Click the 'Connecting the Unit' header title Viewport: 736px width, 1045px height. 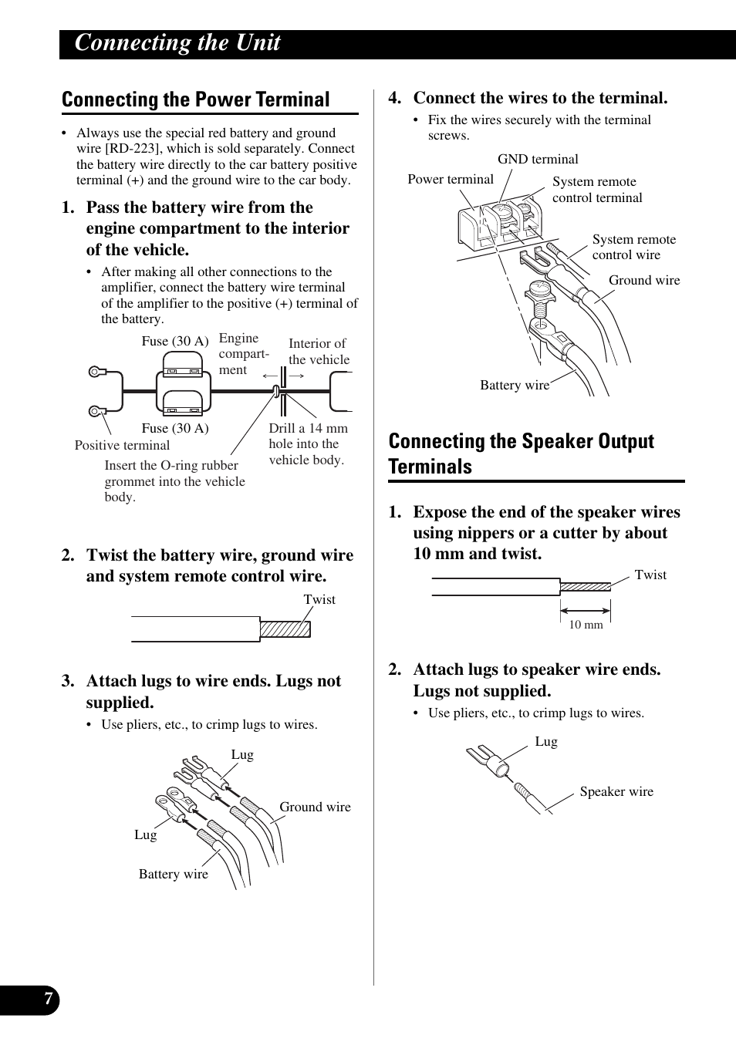click(x=177, y=43)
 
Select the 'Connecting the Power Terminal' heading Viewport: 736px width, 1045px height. click(x=196, y=99)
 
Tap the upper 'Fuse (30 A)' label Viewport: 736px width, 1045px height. click(x=175, y=341)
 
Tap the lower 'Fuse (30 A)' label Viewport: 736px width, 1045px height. click(x=175, y=428)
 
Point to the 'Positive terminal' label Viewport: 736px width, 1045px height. click(x=122, y=445)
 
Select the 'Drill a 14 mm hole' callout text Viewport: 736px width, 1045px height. click(x=308, y=443)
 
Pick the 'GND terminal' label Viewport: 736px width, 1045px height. click(x=538, y=160)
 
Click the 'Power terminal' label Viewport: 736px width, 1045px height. click(x=451, y=180)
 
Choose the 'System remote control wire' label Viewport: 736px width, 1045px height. click(x=633, y=248)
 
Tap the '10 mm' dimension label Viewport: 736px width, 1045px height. click(x=586, y=625)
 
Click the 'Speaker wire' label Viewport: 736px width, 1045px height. click(x=616, y=791)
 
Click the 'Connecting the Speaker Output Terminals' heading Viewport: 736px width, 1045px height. click(x=522, y=453)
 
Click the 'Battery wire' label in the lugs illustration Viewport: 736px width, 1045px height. click(x=174, y=874)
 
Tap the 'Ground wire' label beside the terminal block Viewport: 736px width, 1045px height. click(x=644, y=281)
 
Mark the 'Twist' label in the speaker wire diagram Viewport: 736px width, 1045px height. click(x=650, y=575)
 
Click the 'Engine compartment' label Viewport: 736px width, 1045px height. click(x=244, y=354)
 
